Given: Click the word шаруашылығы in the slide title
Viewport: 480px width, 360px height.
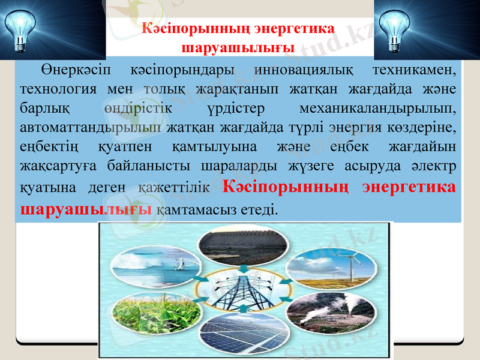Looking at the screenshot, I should [x=235, y=47].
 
